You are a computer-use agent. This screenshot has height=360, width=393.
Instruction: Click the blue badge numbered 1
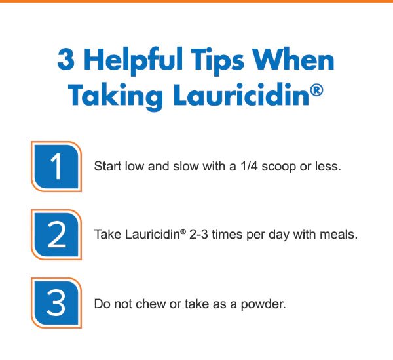[x=56, y=167]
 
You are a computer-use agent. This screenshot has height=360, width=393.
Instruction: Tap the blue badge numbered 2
[x=56, y=235]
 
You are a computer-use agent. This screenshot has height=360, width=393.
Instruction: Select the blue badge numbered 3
[x=56, y=303]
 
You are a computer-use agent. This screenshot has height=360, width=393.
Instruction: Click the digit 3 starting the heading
[x=66, y=60]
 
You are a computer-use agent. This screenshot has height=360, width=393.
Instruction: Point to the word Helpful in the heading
[x=133, y=61]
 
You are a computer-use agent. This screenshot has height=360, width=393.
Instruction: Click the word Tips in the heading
[x=217, y=62]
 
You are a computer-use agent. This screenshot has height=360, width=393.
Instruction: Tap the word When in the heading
[x=293, y=59]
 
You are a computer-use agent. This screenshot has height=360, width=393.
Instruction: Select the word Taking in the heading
[x=115, y=96]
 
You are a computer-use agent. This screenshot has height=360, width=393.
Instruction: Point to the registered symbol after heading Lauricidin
[x=316, y=90]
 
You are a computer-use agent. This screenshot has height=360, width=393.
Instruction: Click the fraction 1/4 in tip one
[x=249, y=166]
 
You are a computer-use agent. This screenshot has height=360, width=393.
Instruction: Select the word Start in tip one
[x=107, y=166]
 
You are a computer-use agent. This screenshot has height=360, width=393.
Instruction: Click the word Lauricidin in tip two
[x=152, y=234]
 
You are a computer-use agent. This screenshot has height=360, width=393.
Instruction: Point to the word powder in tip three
[x=263, y=305]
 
